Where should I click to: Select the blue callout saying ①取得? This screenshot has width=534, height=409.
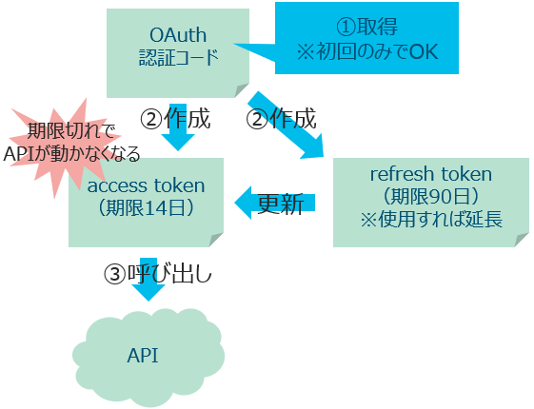pyautogui.click(x=366, y=38)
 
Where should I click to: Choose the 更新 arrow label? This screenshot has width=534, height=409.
pyautogui.click(x=282, y=204)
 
